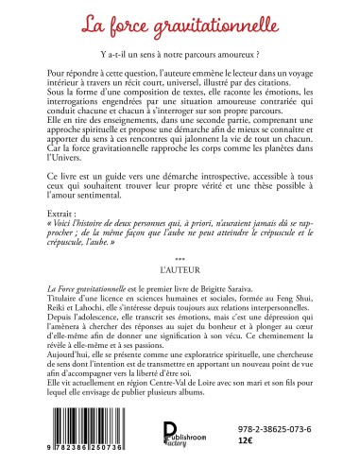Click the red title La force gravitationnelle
pyautogui.click(x=180, y=19)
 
